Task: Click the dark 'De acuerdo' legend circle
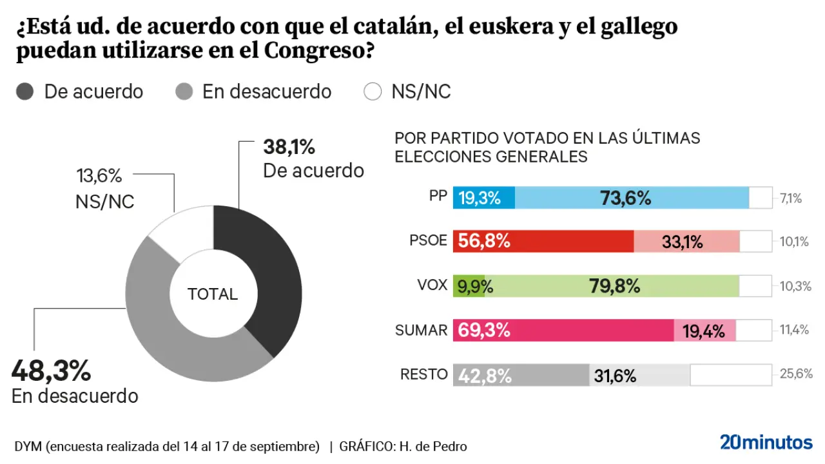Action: point(24,92)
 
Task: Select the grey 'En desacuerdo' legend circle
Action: point(184,92)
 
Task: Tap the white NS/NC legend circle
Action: point(373,92)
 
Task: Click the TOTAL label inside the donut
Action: point(213,295)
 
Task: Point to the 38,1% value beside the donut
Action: point(289,147)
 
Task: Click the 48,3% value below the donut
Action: point(51,371)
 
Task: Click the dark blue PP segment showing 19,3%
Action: point(484,198)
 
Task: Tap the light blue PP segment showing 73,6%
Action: point(632,198)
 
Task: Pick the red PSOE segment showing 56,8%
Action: point(543,241)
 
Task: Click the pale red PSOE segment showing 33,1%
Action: point(686,241)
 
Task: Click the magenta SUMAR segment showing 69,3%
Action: point(563,330)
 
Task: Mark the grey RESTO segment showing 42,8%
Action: point(521,375)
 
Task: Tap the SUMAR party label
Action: point(421,330)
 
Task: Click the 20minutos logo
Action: point(766,442)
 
